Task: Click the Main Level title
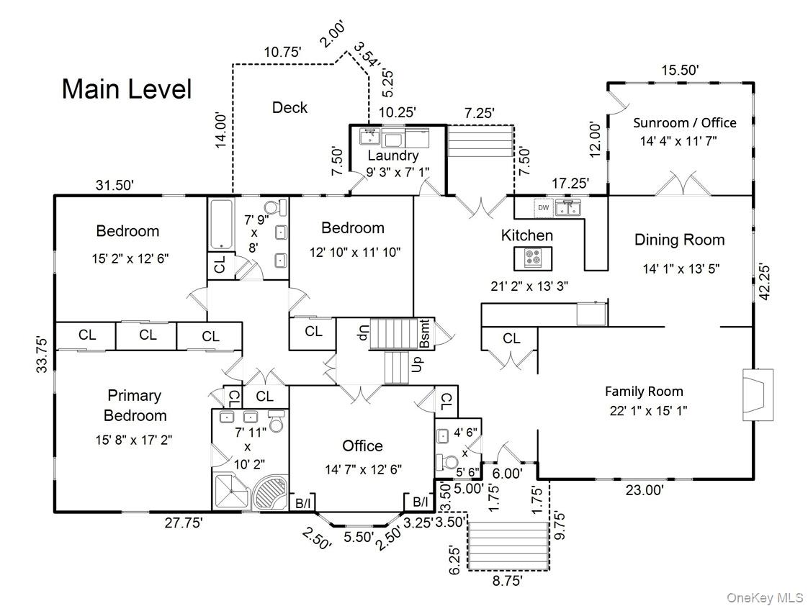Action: click(127, 89)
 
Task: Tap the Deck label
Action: click(289, 108)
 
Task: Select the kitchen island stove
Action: click(533, 257)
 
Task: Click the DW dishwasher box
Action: click(543, 208)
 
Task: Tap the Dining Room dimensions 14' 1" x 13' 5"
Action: click(681, 268)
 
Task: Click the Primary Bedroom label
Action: click(135, 405)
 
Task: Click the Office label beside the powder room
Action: click(362, 446)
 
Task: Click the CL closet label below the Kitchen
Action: click(511, 338)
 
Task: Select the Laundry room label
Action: click(392, 155)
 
